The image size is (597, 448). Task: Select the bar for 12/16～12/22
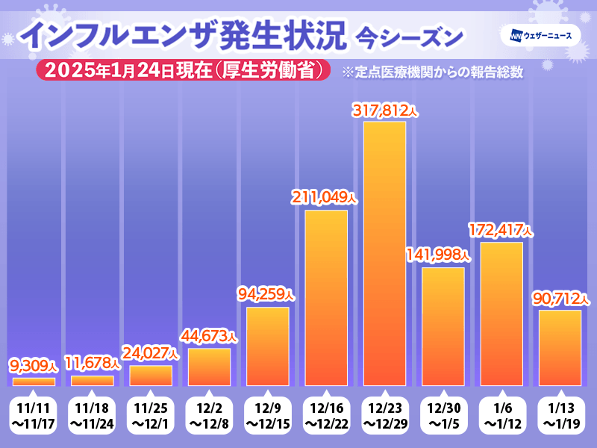click(x=326, y=297)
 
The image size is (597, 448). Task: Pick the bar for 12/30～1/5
click(x=443, y=326)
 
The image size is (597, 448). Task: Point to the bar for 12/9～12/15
click(x=267, y=346)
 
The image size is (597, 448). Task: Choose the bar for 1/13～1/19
click(x=559, y=347)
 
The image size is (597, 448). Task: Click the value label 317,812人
click(x=385, y=111)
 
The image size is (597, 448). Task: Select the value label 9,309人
click(x=34, y=366)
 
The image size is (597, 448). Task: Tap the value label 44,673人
click(x=209, y=337)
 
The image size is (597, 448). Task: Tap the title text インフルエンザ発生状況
click(x=183, y=36)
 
